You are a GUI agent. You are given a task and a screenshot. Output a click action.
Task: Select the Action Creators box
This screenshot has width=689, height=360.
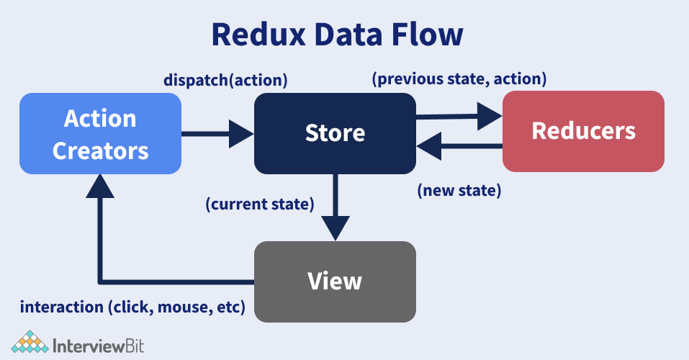(x=100, y=134)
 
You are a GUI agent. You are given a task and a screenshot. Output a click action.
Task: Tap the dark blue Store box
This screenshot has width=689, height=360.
(x=335, y=133)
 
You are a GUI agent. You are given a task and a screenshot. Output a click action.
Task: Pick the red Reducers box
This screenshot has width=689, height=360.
(x=583, y=131)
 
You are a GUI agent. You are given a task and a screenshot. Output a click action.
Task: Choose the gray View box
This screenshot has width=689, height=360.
(x=335, y=282)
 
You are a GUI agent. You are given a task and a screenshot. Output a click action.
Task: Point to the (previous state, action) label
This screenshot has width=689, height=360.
(x=459, y=78)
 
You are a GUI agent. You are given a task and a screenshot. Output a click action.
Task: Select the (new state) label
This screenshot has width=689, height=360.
(x=459, y=192)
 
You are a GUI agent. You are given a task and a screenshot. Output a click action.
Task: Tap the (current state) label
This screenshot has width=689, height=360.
(x=260, y=204)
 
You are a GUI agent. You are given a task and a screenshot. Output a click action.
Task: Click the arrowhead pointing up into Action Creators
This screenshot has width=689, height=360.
(x=100, y=188)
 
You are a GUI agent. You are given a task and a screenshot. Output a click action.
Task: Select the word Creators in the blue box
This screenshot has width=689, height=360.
(x=100, y=151)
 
